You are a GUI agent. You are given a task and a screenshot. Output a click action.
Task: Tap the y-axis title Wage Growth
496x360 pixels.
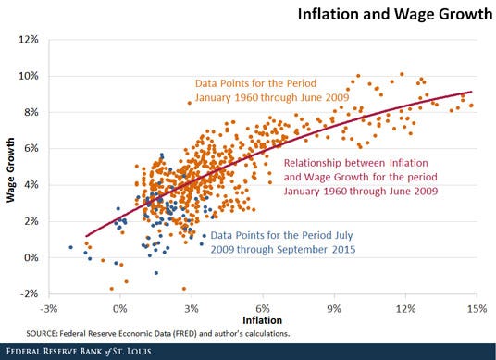[x=9, y=167]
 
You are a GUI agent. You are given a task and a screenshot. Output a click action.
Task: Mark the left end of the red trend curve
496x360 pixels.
[x=85, y=236]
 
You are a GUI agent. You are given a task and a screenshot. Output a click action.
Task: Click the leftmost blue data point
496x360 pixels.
[x=71, y=247]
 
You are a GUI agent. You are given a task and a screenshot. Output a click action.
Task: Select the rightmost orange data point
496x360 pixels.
[x=471, y=106]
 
